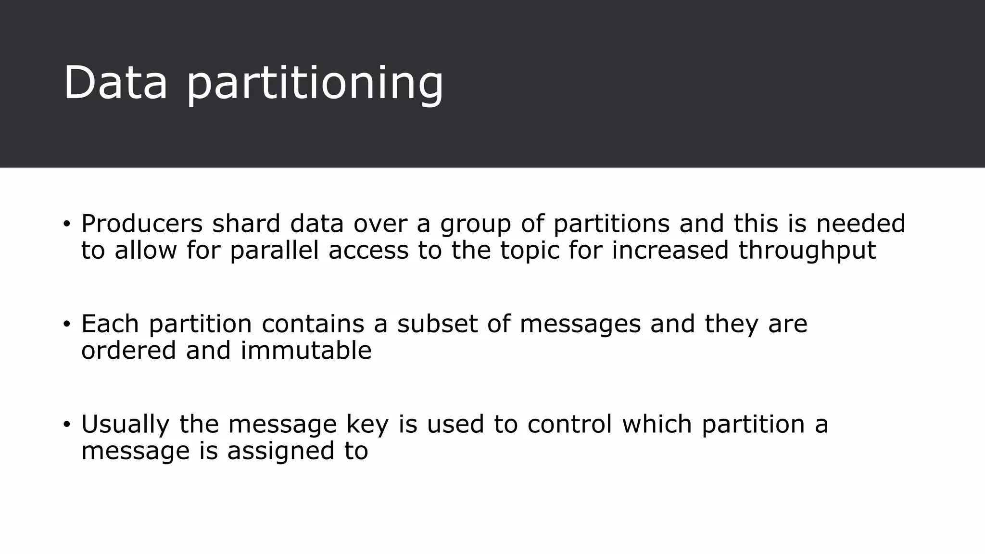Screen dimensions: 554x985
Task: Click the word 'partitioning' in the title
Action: click(315, 84)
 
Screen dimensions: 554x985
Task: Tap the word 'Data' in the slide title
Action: click(115, 83)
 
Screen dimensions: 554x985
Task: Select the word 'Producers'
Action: click(142, 224)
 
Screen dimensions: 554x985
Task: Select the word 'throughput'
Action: click(807, 251)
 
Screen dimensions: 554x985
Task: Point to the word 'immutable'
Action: click(306, 351)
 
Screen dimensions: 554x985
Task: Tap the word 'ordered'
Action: click(128, 351)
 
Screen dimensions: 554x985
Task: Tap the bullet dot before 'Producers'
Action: click(66, 224)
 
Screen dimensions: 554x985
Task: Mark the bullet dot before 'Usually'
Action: click(66, 424)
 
